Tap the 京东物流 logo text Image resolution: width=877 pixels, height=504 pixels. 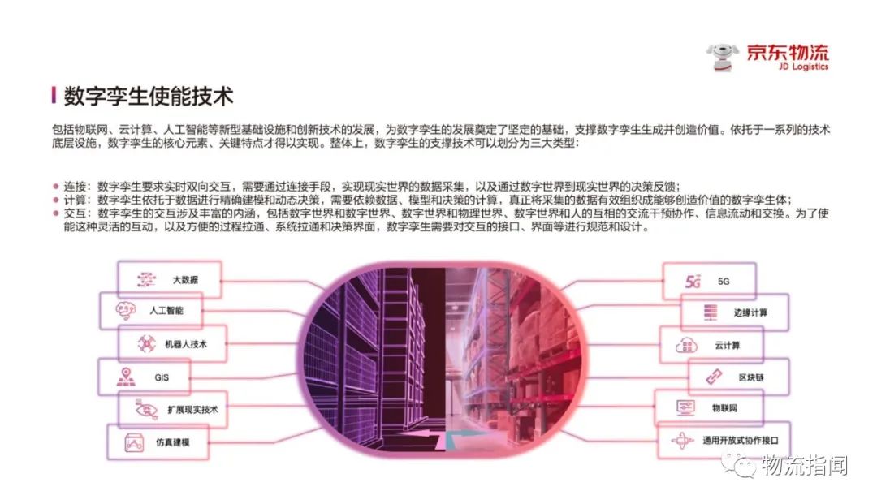click(788, 54)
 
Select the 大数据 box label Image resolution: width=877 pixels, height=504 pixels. click(184, 280)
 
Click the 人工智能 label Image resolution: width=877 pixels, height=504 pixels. click(166, 310)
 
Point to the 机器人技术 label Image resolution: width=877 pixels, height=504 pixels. click(185, 344)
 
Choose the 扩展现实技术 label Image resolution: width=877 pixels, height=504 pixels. click(192, 410)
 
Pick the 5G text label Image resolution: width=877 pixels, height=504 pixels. click(724, 282)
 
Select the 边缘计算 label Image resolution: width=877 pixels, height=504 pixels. click(750, 312)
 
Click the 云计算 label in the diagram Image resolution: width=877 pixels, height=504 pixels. click(727, 345)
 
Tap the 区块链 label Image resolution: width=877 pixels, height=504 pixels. click(751, 377)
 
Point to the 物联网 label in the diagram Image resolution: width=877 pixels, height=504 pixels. click(724, 407)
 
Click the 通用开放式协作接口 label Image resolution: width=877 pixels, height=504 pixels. click(741, 442)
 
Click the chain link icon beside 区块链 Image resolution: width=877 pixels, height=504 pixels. click(712, 377)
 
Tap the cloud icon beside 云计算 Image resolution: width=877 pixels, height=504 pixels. click(686, 346)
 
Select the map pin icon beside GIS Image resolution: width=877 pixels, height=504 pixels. click(125, 377)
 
